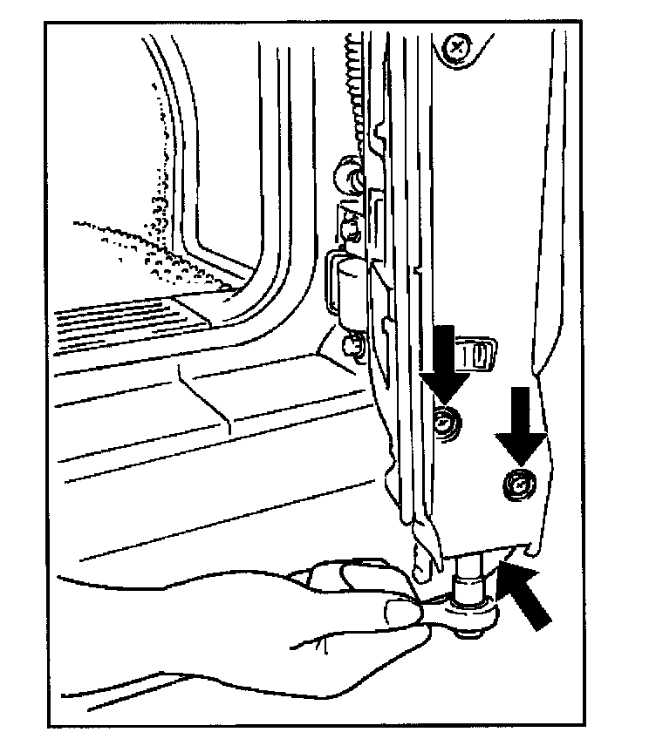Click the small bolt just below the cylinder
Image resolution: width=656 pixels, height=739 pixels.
352,345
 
